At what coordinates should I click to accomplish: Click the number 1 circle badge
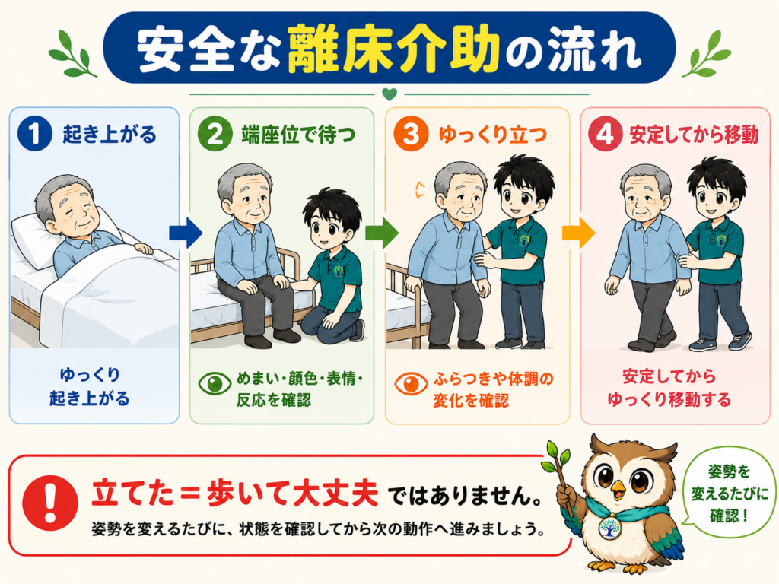34,134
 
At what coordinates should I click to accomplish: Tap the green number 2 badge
215,134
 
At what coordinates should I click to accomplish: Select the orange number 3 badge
410,134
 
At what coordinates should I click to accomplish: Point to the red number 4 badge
605,134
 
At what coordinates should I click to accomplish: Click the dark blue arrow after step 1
186,233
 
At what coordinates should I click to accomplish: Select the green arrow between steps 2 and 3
382,233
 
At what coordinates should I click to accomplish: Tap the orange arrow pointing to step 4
578,233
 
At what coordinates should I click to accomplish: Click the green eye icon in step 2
215,383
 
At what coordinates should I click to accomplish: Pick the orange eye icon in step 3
411,383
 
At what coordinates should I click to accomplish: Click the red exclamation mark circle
50,503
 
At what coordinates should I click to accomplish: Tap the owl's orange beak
618,490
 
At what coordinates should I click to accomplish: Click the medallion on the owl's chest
609,528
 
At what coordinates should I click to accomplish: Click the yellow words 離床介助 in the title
393,49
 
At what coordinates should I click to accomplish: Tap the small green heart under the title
389,94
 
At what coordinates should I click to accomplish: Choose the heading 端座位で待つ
298,135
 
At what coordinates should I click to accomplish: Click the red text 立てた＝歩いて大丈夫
235,494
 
